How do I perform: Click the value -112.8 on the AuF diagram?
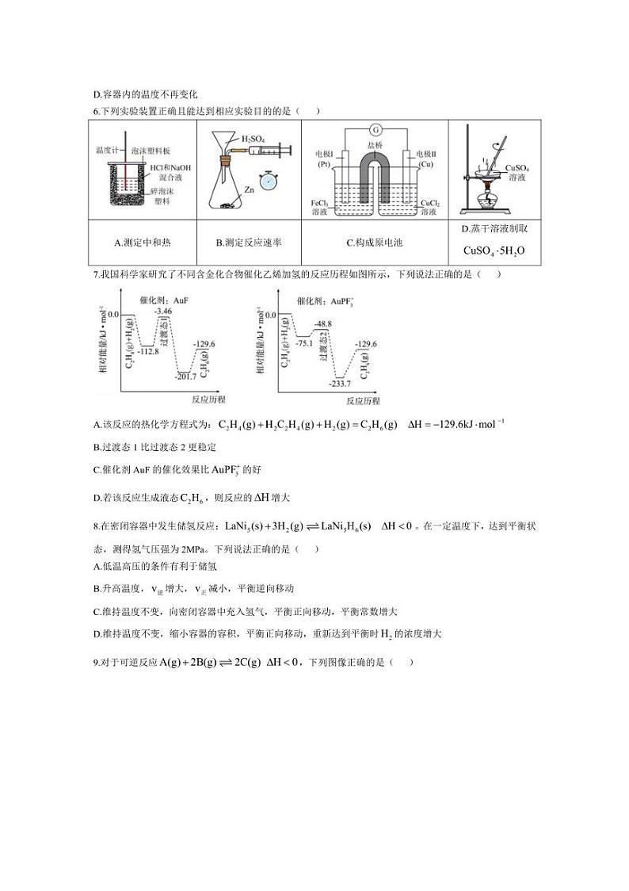(x=148, y=351)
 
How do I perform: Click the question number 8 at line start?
(x=95, y=526)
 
